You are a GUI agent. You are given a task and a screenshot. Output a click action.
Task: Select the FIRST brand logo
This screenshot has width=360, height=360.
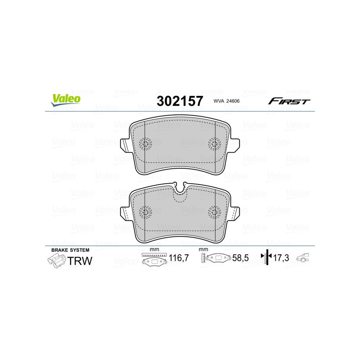pyautogui.click(x=289, y=101)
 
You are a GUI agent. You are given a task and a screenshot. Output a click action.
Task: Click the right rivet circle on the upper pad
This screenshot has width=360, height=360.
pyautogui.click(x=215, y=144)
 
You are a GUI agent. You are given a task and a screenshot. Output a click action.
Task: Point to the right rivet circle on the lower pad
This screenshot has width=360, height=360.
pyautogui.click(x=215, y=211)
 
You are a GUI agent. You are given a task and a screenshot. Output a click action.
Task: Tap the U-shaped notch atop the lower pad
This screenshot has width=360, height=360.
pyautogui.click(x=180, y=188)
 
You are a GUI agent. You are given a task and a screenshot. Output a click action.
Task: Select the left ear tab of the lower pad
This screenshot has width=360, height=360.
pyautogui.click(x=126, y=212)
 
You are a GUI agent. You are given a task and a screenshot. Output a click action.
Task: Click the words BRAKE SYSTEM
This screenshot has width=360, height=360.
pyautogui.click(x=70, y=250)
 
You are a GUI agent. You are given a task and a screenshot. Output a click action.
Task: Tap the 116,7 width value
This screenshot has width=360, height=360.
pyautogui.click(x=178, y=259)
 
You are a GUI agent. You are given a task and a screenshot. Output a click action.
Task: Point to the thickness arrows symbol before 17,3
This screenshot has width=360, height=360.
pyautogui.click(x=268, y=258)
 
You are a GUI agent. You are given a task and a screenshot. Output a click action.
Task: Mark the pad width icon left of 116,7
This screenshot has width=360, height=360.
pyautogui.click(x=154, y=260)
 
